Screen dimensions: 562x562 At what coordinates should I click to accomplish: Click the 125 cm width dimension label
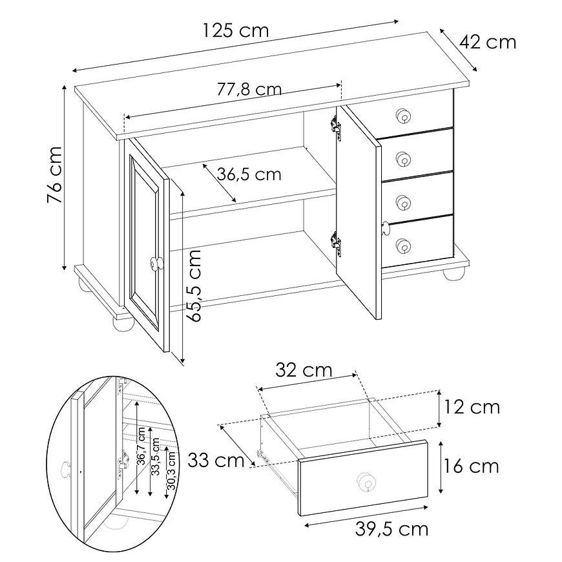point(236,30)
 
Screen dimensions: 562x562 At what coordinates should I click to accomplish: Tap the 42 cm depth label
point(488,42)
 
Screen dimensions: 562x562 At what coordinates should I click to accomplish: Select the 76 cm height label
point(55,174)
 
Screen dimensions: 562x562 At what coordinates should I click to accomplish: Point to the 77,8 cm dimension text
point(249,89)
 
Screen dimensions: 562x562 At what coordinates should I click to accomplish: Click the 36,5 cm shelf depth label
point(249,174)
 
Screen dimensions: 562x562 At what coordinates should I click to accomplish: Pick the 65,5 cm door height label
point(195,286)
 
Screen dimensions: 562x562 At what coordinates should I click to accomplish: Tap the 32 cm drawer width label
point(304,370)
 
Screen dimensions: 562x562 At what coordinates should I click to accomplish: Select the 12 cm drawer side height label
point(472,407)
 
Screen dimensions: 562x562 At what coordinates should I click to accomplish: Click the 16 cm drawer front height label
point(472,466)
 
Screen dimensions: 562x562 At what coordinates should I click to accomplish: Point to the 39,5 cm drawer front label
point(391,529)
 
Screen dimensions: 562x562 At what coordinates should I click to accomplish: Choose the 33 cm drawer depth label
point(216,460)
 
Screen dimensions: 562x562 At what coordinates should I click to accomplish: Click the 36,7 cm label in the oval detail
point(141,446)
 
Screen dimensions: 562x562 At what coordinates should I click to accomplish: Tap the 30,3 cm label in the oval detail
point(171,471)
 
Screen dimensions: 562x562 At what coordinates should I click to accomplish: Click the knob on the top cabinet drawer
point(403,116)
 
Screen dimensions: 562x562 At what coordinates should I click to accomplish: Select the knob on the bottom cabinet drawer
point(403,246)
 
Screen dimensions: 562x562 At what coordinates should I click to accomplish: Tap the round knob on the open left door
point(156,264)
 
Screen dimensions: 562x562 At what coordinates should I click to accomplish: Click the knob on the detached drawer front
point(366,481)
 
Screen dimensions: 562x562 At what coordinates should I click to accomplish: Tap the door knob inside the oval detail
point(66,470)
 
